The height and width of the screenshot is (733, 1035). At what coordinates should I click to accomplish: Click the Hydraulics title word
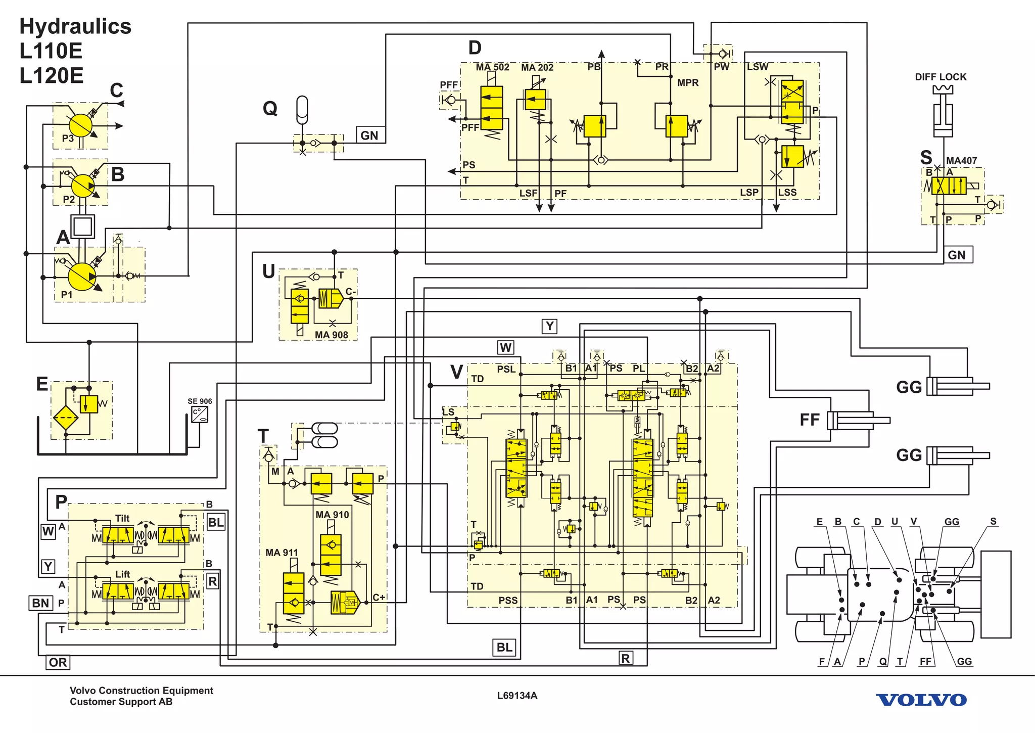click(x=75, y=26)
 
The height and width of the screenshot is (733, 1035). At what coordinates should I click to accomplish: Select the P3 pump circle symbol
click(x=80, y=124)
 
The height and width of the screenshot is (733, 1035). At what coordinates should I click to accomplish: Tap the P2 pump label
click(x=69, y=200)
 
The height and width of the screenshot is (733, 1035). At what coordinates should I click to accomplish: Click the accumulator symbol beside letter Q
click(x=302, y=109)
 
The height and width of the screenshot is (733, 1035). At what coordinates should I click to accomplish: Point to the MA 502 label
click(x=492, y=67)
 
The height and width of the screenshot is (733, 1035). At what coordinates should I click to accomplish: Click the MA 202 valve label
click(x=537, y=67)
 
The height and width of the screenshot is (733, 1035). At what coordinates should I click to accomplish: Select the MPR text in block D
click(x=688, y=82)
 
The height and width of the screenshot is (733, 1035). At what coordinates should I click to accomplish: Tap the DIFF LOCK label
click(x=940, y=77)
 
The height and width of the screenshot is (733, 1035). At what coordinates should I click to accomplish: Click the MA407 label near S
click(x=961, y=161)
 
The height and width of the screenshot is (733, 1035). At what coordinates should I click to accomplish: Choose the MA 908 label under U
click(x=331, y=335)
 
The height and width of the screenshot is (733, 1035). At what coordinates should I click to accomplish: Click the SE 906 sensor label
click(x=200, y=401)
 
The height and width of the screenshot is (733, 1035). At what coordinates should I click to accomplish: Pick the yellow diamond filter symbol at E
click(x=66, y=418)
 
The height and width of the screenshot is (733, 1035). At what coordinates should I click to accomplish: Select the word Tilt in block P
click(x=122, y=518)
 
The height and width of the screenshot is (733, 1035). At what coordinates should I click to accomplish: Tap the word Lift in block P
click(x=122, y=574)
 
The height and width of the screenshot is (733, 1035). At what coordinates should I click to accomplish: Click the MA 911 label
click(x=281, y=553)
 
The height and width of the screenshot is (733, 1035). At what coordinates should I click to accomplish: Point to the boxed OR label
click(x=58, y=662)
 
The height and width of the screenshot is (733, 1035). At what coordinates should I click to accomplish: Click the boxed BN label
click(x=40, y=603)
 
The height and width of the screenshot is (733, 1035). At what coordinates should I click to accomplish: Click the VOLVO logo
click(x=921, y=700)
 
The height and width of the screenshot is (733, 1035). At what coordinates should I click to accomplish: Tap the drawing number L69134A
click(x=517, y=696)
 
